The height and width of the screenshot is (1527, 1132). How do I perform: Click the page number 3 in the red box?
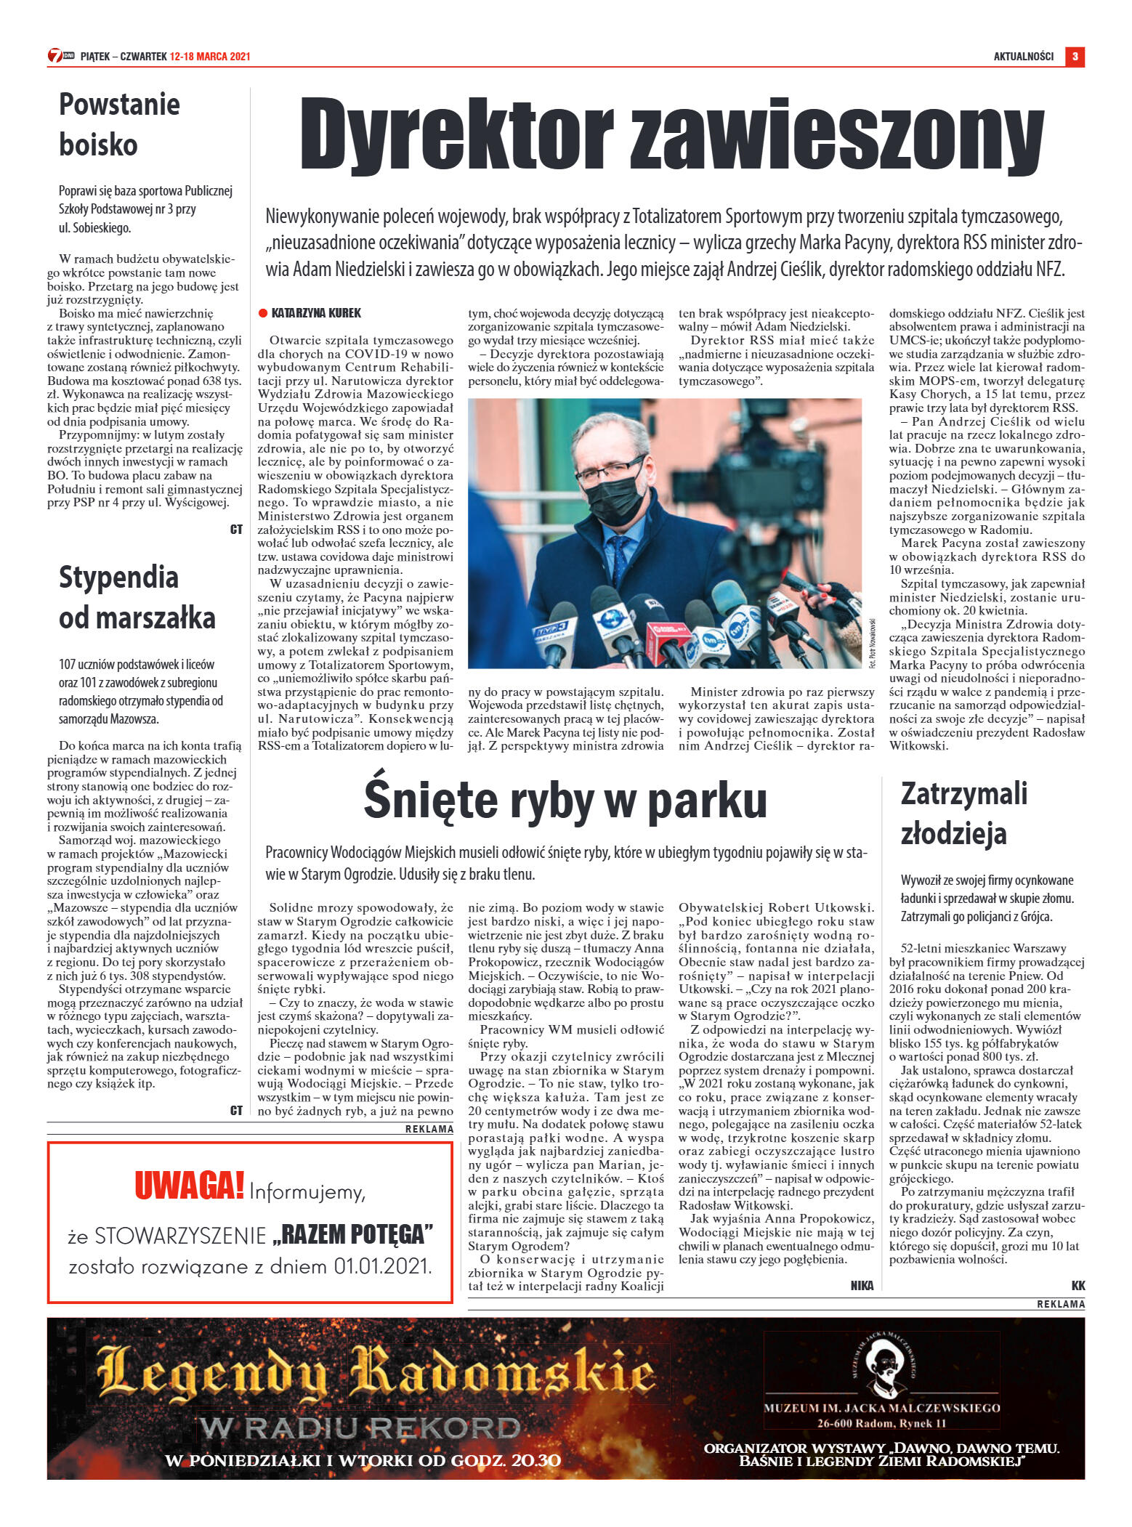pos(1075,56)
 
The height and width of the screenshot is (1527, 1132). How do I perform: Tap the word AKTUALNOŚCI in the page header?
pos(1023,57)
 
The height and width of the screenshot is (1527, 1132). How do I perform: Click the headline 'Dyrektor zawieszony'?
pos(671,136)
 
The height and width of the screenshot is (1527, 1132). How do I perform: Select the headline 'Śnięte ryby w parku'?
pos(565,801)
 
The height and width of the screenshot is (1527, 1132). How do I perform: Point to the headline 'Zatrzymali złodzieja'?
pos(963,814)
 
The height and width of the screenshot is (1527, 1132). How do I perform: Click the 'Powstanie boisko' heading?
pos(119,124)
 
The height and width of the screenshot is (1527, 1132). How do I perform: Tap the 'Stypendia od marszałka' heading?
pos(137,597)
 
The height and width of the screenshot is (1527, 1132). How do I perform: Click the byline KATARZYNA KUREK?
pos(316,313)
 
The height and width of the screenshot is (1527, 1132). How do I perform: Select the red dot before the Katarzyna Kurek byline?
pos(263,313)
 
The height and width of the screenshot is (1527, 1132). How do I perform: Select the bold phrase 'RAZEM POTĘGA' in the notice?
pos(353,1234)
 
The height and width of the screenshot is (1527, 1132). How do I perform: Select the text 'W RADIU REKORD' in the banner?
pos(360,1428)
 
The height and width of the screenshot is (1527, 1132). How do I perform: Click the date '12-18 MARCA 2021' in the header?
pos(210,57)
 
